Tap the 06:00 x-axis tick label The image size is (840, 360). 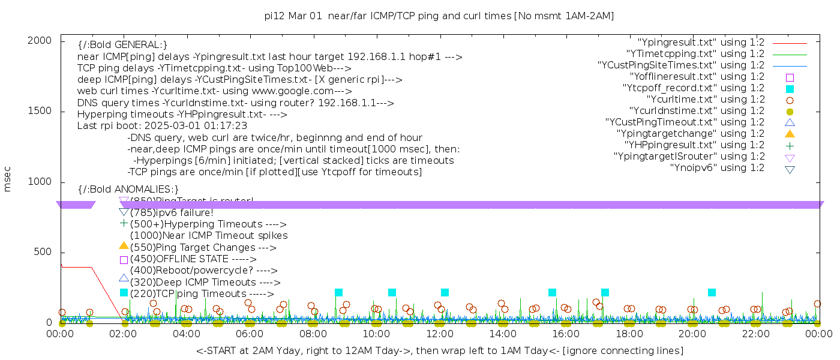coord(250,334)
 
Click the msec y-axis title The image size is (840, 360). coord(8,181)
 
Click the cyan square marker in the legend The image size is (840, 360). coord(790,89)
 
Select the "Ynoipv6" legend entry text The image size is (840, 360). coord(717,168)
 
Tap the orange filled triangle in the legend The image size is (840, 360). coord(790,134)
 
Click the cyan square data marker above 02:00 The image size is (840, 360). coord(124,293)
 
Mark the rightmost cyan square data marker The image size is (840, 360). coord(712,293)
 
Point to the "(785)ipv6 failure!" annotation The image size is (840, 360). coord(172,213)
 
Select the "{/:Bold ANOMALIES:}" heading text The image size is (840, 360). coord(128,190)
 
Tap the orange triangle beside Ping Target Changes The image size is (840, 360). coord(124,245)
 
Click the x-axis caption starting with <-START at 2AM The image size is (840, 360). coord(439,350)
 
